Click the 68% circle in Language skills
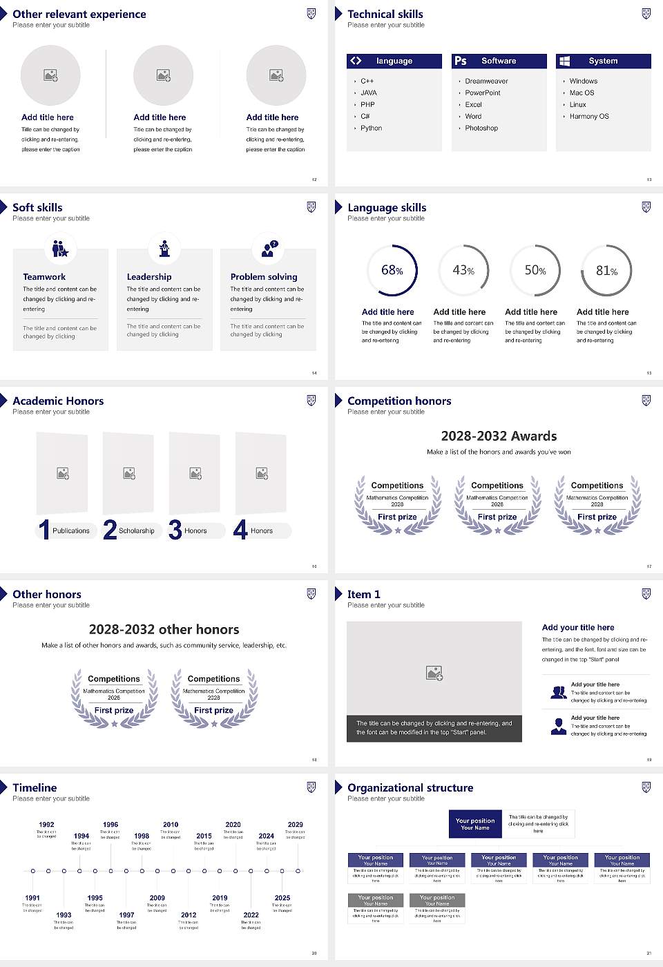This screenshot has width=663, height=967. tap(392, 270)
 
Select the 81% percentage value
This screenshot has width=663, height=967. tap(606, 271)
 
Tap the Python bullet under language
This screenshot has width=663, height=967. tap(371, 128)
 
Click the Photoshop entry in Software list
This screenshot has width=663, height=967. tap(481, 128)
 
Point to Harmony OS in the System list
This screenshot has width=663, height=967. tap(589, 117)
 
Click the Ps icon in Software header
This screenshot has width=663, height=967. tap(461, 61)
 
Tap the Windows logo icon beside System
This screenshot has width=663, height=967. tap(564, 61)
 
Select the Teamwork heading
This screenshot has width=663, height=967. tap(44, 277)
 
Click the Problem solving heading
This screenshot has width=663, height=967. tap(264, 277)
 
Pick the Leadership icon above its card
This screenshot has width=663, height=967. tap(164, 248)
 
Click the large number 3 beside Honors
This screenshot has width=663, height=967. tap(175, 530)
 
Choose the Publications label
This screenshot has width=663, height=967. tap(71, 531)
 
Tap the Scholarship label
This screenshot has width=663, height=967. tap(137, 531)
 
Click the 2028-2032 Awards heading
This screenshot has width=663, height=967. tap(499, 436)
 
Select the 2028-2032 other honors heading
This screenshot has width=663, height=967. tap(164, 629)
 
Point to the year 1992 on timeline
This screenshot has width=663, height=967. tap(46, 825)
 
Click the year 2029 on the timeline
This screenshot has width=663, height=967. tap(296, 825)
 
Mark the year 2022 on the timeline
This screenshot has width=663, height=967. tap(251, 915)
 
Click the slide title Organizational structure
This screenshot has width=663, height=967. tap(410, 787)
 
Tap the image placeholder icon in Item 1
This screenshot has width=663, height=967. tap(434, 673)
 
